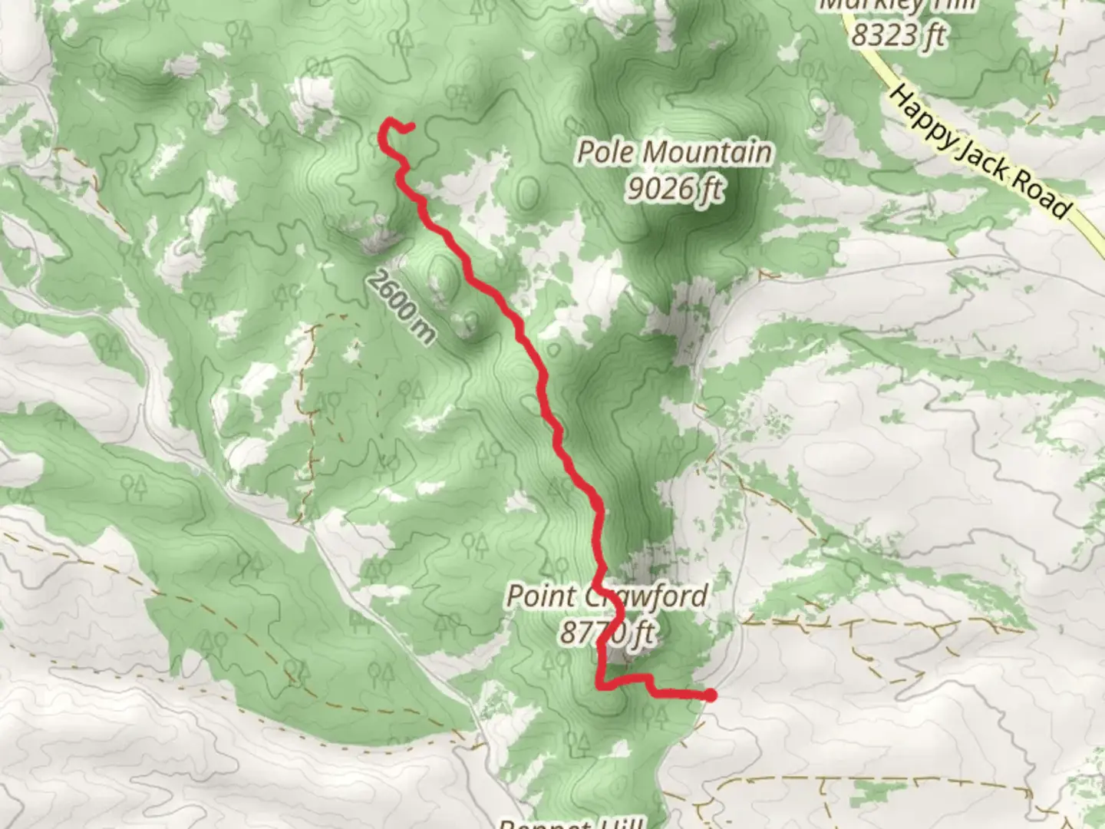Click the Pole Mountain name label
674,152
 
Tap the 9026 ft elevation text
674,187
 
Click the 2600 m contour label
400,306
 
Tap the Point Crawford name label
606,596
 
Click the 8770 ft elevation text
606,632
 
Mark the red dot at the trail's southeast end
710,695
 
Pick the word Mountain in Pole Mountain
706,152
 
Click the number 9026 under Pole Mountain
658,187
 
